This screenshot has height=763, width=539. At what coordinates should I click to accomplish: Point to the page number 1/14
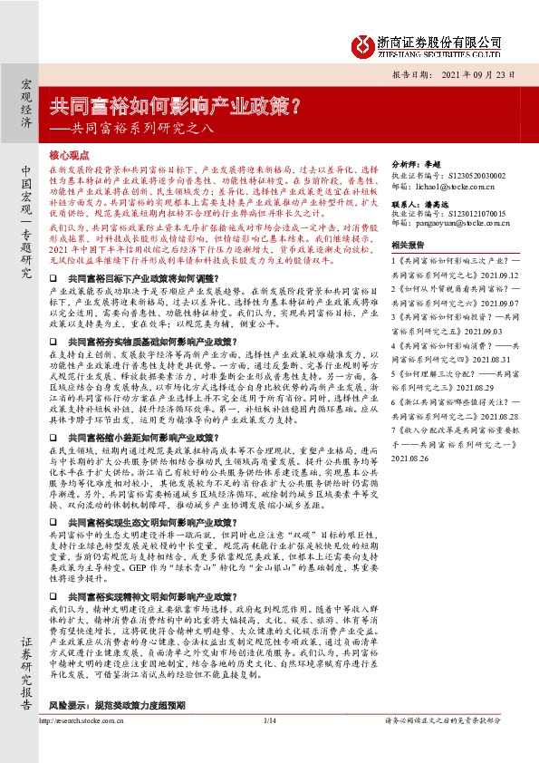[268, 746]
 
